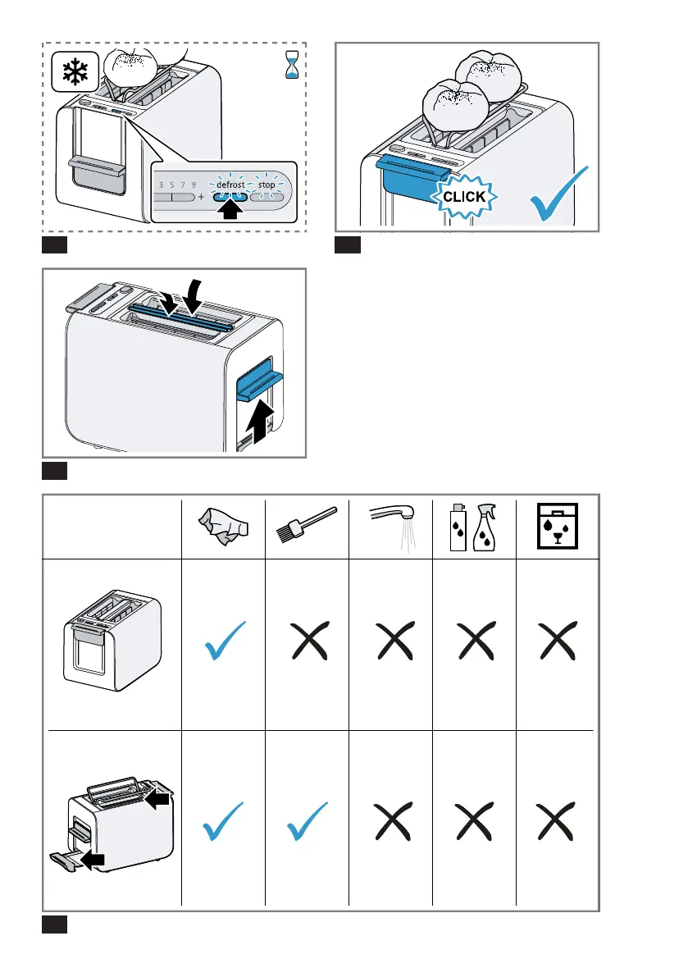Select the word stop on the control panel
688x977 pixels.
(x=267, y=185)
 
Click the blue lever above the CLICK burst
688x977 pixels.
(x=411, y=173)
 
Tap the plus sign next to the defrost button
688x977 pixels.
(x=201, y=198)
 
